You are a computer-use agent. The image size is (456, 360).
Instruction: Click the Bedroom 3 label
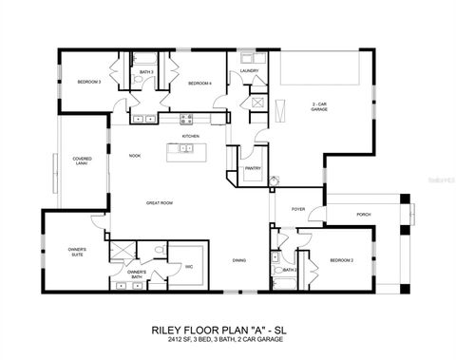(x=88, y=83)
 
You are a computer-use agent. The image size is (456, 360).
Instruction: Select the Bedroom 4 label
(x=199, y=84)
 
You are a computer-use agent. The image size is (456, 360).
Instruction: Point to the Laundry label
(x=250, y=70)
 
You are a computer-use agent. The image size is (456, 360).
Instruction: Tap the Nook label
(x=136, y=155)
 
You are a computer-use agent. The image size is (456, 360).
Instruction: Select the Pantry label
(x=253, y=168)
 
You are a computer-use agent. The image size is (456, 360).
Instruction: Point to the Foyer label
(x=297, y=209)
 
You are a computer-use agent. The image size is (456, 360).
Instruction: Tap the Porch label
(x=364, y=215)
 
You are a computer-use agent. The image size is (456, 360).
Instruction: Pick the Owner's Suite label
(x=76, y=252)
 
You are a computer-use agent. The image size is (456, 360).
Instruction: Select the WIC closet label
(x=189, y=266)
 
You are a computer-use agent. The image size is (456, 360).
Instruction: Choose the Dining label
(x=240, y=260)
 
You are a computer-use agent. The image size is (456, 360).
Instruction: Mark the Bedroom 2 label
(x=342, y=260)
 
